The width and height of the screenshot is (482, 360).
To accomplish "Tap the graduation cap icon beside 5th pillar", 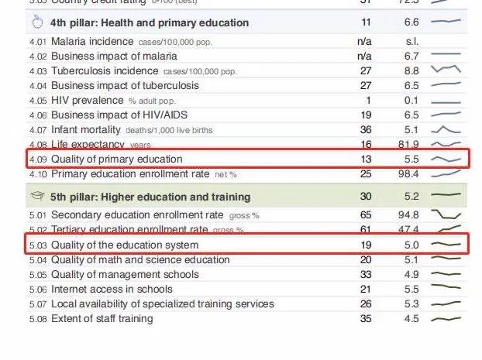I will coord(36,196).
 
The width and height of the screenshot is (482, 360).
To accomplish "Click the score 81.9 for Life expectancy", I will coord(412,144).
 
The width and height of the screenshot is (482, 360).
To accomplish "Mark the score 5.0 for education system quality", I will coord(412,245).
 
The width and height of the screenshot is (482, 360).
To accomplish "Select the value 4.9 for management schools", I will coord(412,274).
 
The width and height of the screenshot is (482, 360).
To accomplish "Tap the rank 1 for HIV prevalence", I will coord(368,100).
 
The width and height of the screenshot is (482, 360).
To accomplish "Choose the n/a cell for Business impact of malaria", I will coord(364,56).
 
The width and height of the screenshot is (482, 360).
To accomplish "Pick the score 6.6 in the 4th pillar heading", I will coord(412,22).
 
